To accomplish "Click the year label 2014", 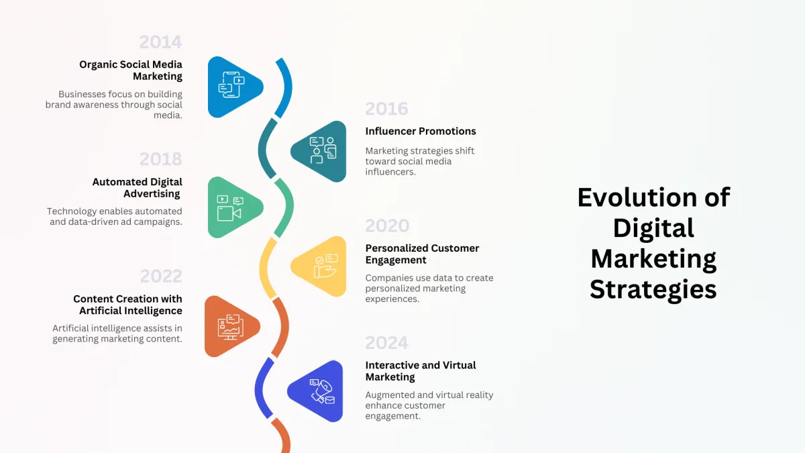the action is (x=160, y=42).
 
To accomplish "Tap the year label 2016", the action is (x=386, y=109).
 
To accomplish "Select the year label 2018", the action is (x=160, y=159).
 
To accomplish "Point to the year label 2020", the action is (x=388, y=225).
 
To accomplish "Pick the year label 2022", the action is (x=161, y=276).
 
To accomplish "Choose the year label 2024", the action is (x=386, y=343).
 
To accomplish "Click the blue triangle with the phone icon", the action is (x=233, y=87).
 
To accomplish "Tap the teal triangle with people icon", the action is (x=321, y=152).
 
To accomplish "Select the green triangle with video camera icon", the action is (x=233, y=207).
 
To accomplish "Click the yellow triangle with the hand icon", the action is (x=321, y=266).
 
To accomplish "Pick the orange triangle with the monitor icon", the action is (x=230, y=326).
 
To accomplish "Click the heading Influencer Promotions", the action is (x=421, y=132).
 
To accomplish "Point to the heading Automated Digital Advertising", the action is (x=138, y=188).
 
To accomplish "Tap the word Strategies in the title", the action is (x=653, y=290).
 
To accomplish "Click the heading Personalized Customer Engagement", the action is (x=422, y=254).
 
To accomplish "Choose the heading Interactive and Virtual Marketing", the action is (x=421, y=370).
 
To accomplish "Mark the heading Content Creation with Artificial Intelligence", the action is (x=127, y=305).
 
